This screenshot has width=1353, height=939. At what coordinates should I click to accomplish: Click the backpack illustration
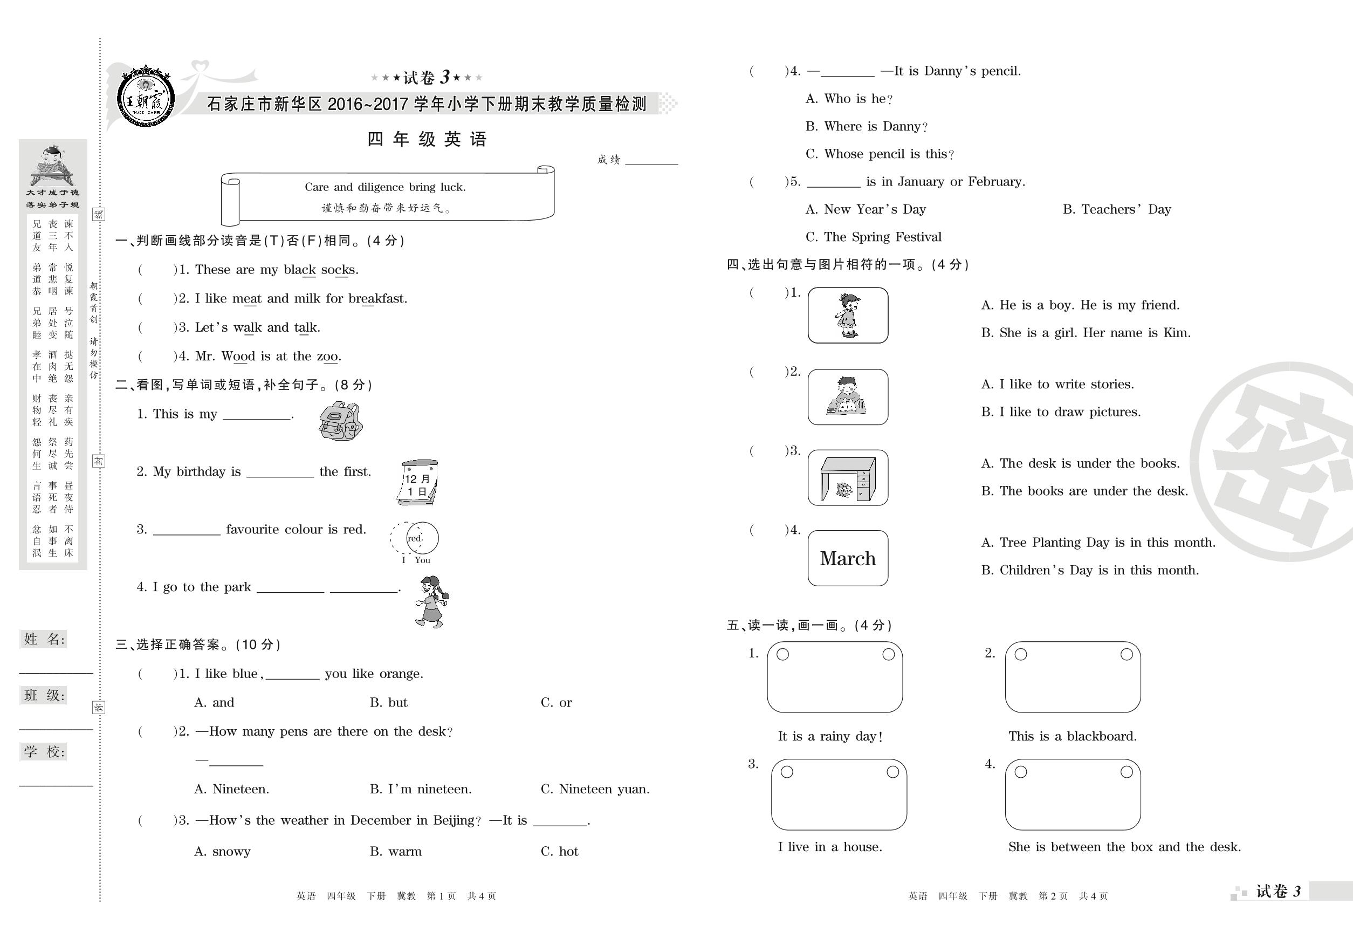tap(341, 421)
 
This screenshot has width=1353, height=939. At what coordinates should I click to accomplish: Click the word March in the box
tap(848, 558)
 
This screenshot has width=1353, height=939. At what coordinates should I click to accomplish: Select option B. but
tap(388, 702)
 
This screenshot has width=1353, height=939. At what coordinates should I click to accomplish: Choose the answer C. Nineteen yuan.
tap(595, 789)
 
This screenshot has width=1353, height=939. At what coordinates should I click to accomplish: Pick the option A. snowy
tap(222, 851)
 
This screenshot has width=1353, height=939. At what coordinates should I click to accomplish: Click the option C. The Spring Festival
tap(873, 237)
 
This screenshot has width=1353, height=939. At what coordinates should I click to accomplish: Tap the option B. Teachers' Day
tap(1116, 209)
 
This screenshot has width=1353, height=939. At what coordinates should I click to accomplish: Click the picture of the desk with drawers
tap(848, 478)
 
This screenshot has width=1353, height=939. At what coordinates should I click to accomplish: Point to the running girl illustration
tap(432, 602)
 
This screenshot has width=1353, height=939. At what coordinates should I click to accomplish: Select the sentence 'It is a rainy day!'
tap(829, 736)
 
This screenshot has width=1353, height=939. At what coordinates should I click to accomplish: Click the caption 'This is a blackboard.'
tap(1072, 736)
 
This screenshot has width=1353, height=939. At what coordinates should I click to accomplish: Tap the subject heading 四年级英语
tap(427, 140)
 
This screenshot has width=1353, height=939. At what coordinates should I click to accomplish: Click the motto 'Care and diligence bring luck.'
tap(384, 187)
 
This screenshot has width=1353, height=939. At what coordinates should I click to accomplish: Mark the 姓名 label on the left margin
tap(44, 639)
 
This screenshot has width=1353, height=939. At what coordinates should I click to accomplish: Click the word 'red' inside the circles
tap(415, 538)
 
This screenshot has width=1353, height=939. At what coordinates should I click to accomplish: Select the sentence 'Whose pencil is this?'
tap(879, 154)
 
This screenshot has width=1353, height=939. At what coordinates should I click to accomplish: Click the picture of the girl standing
tap(848, 316)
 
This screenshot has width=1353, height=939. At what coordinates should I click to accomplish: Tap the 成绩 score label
tap(608, 160)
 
